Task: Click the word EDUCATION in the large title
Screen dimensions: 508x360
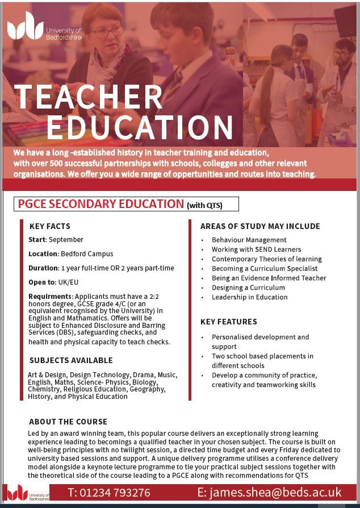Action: pyautogui.click(x=140, y=128)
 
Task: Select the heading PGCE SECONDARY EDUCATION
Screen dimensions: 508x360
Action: pyautogui.click(x=101, y=204)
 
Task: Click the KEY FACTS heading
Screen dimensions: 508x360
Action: pyautogui.click(x=50, y=226)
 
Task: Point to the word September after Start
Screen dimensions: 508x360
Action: pyautogui.click(x=66, y=240)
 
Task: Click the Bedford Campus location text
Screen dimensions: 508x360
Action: pyautogui.click(x=87, y=254)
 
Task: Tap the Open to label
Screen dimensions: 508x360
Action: pyautogui.click(x=42, y=282)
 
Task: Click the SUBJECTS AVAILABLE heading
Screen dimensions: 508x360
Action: pyautogui.click(x=71, y=360)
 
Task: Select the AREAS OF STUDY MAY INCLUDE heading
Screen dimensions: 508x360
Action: pyautogui.click(x=260, y=226)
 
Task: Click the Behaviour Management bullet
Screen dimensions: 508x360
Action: pyautogui.click(x=249, y=240)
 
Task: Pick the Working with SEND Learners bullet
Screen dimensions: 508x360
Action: pyautogui.click(x=256, y=249)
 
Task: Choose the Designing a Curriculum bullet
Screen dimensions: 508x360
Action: pyautogui.click(x=248, y=288)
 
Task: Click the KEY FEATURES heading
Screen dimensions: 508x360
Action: pyautogui.click(x=228, y=322)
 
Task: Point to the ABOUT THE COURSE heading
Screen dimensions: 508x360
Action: pyautogui.click(x=68, y=422)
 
